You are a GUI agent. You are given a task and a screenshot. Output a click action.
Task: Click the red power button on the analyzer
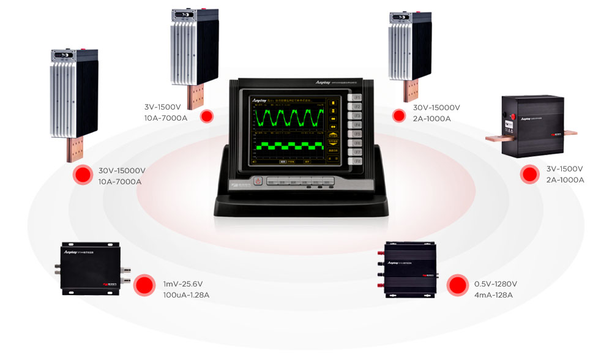(258, 181)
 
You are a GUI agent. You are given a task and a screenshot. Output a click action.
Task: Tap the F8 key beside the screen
(354, 159)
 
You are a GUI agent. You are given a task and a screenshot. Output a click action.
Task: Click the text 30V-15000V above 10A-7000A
(122, 170)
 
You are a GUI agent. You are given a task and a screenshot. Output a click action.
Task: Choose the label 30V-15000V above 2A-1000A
(436, 107)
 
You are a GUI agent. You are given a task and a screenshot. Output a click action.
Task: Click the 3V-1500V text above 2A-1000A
(564, 168)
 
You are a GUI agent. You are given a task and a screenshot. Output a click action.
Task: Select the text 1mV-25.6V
(183, 283)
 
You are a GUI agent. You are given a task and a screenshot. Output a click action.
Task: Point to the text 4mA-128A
(493, 295)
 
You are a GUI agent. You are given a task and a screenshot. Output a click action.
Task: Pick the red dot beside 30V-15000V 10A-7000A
(81, 175)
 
